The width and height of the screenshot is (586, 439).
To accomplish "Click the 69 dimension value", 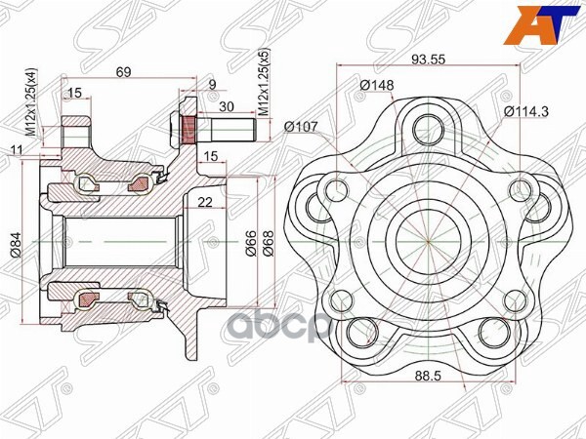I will point(124,72).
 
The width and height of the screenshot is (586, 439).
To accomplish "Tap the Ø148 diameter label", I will point(376,86).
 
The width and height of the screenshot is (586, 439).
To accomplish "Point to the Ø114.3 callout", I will point(527,110).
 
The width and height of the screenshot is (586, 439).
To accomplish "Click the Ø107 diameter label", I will point(303,126).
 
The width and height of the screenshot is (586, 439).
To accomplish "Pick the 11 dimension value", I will point(16,148).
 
